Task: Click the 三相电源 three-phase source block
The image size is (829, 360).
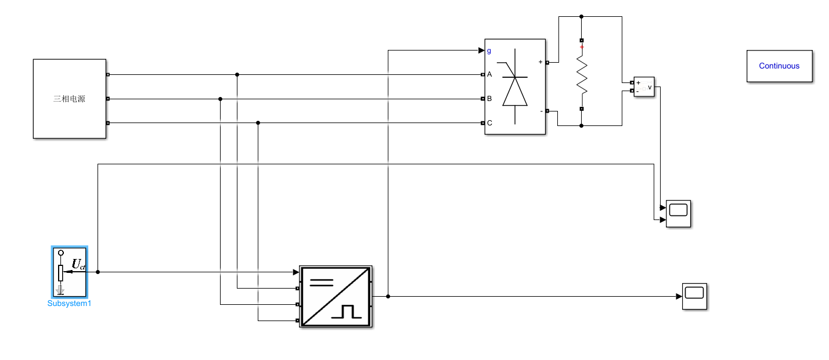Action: click(x=70, y=99)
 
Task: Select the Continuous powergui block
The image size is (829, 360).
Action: click(x=779, y=66)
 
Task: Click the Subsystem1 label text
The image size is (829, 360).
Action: click(x=69, y=303)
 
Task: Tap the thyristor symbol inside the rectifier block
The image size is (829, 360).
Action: click(x=515, y=91)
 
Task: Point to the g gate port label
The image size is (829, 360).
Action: click(x=489, y=51)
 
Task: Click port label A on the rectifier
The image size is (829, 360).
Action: click(x=489, y=74)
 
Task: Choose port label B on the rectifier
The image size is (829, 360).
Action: click(x=489, y=99)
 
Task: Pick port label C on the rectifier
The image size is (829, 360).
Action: click(x=489, y=123)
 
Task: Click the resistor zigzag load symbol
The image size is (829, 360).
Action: click(x=582, y=74)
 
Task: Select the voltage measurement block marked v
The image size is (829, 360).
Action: click(x=643, y=87)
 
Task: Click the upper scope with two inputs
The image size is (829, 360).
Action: click(x=678, y=214)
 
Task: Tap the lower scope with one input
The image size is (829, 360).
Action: click(x=694, y=296)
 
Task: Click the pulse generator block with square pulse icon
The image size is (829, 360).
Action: click(x=335, y=296)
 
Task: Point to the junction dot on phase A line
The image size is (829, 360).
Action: click(x=237, y=74)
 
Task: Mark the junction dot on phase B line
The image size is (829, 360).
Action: click(x=220, y=99)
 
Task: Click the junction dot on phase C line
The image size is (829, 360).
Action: click(x=258, y=123)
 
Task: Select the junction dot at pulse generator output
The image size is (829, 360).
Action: click(x=388, y=296)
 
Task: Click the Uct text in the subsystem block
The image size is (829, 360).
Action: click(x=78, y=265)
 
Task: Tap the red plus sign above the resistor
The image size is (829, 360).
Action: click(x=582, y=46)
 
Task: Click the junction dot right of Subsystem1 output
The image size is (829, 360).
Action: click(x=98, y=272)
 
